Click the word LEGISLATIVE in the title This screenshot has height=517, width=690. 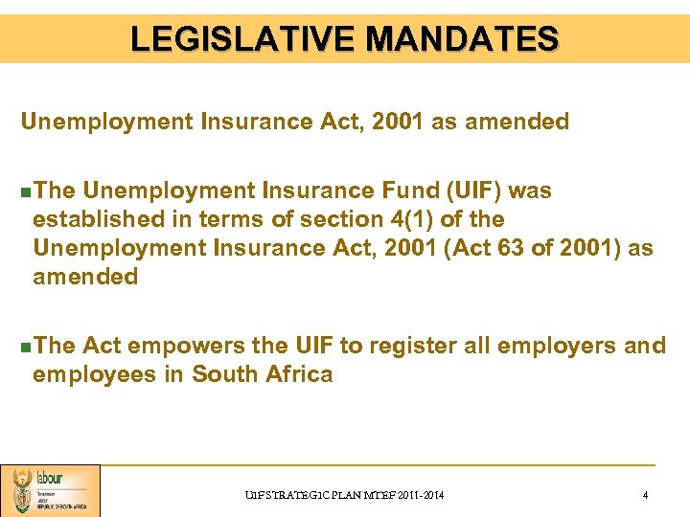pyautogui.click(x=243, y=38)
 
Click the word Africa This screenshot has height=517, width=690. pyautogui.click(x=296, y=374)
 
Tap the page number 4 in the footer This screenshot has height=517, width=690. pyautogui.click(x=645, y=495)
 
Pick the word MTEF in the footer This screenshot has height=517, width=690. pyautogui.click(x=373, y=495)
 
